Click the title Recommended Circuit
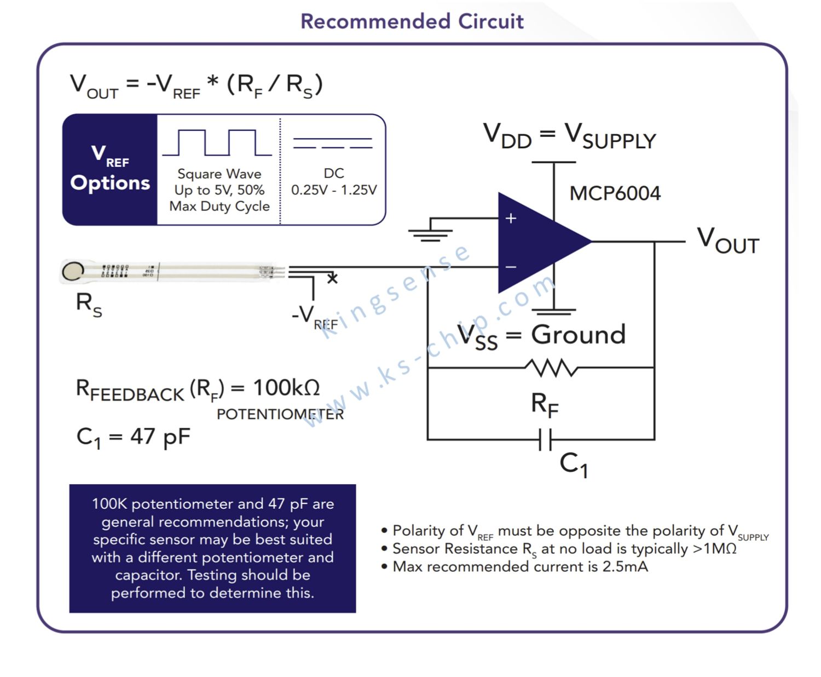click(412, 21)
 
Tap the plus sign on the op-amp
click(511, 218)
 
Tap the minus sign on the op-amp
click(511, 267)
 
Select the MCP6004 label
click(615, 193)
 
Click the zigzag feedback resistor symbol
click(551, 368)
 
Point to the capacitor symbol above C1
click(545, 439)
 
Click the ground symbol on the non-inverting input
click(430, 235)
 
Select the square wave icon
click(217, 142)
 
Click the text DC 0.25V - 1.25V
click(334, 181)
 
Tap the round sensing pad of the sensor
click(73, 271)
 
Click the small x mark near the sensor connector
click(333, 278)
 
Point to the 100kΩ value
click(287, 387)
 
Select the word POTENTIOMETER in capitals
click(280, 414)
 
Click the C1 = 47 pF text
click(134, 437)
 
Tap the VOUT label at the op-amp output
click(728, 240)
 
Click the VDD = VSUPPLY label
click(570, 136)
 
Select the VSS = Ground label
click(541, 336)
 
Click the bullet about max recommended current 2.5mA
click(514, 566)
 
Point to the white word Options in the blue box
click(110, 183)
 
